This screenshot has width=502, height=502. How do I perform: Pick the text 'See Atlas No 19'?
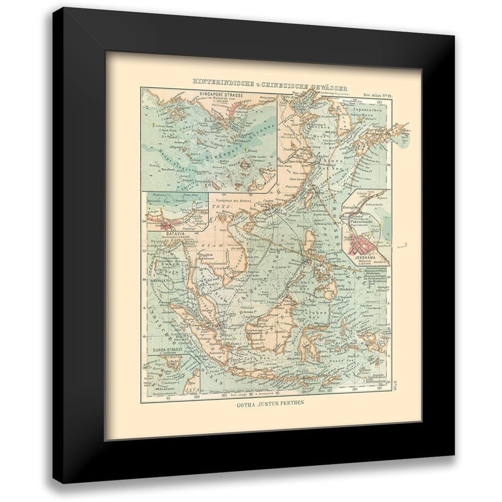tap(380, 94)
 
